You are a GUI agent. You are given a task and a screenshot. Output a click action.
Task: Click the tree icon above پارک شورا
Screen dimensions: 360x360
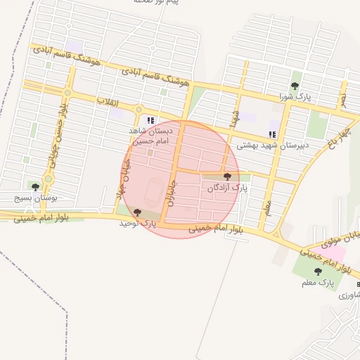(296, 86)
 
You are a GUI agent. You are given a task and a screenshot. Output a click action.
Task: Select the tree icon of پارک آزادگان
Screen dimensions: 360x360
(226, 177)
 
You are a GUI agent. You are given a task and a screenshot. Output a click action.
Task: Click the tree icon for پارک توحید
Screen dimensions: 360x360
(136, 212)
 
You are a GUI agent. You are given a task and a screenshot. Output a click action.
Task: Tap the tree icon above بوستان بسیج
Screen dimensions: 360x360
(35, 186)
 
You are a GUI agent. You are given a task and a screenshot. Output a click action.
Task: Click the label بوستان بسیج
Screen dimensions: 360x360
(36, 198)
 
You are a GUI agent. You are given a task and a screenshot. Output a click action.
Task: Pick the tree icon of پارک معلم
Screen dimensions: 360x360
(318, 271)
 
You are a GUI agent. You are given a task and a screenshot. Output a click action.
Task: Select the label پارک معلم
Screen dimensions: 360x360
(316, 282)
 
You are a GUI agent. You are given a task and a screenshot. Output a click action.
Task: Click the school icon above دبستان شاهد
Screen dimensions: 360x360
(150, 120)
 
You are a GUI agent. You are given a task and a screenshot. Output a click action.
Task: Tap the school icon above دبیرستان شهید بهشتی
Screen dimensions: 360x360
(272, 134)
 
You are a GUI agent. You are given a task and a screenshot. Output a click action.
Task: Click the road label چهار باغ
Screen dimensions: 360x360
(333, 140)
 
